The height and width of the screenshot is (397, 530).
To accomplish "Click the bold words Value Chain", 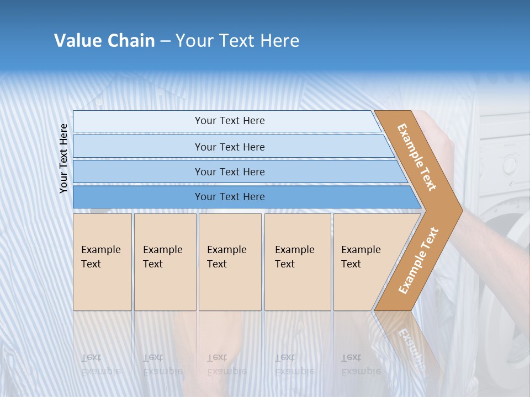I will (x=104, y=41).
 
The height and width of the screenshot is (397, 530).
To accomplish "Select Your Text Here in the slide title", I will (x=237, y=41).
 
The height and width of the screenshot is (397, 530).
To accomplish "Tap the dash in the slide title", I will (x=165, y=41).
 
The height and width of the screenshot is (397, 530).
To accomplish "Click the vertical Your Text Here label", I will (x=63, y=158).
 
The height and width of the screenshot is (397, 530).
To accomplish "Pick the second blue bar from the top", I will (x=230, y=147).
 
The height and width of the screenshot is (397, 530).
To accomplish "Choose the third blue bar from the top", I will (x=230, y=171).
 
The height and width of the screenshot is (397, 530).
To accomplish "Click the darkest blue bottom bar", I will (x=230, y=197).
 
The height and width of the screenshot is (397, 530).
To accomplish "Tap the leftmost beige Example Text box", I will (x=102, y=261).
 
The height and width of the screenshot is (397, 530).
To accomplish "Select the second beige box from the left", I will (x=165, y=261).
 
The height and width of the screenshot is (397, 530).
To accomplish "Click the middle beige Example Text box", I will (x=230, y=261).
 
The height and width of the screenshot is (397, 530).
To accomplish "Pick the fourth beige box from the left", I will (x=298, y=261).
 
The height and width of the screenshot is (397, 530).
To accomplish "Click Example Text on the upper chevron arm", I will (x=417, y=157).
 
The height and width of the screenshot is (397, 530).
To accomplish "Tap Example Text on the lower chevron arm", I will (x=418, y=260).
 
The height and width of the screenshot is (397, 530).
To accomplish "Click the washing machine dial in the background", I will (x=509, y=164).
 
